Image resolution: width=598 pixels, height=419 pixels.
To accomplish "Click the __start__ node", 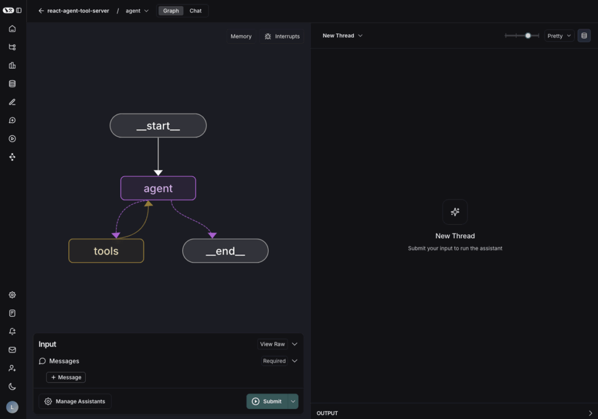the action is click(x=158, y=125).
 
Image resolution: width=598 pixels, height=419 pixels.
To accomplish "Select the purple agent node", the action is click(x=158, y=188).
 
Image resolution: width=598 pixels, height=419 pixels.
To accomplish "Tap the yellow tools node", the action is click(x=106, y=251).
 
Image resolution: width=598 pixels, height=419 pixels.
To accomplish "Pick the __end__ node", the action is click(x=225, y=251).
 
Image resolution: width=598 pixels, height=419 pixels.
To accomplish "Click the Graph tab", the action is click(x=171, y=11).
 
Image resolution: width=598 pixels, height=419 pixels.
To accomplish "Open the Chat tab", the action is click(x=195, y=11).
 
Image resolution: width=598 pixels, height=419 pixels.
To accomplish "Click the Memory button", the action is click(x=241, y=36).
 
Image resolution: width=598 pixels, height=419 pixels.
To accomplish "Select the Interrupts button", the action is click(x=282, y=36).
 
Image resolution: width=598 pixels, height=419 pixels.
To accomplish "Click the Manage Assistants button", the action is click(x=75, y=401).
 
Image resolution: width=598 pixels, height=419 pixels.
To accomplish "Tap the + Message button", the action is click(x=66, y=377).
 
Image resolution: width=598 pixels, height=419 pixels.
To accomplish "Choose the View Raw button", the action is click(x=272, y=344).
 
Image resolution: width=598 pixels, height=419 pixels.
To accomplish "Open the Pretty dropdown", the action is click(x=559, y=36).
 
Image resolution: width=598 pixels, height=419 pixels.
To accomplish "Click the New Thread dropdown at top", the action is click(x=342, y=36).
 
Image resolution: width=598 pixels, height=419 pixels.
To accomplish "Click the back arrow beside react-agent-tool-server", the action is click(x=41, y=11).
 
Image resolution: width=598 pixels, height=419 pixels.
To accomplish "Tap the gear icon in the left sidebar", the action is click(x=12, y=295).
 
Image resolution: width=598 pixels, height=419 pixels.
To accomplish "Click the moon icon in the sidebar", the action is click(x=12, y=386).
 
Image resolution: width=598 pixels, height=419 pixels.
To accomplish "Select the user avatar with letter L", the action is click(x=12, y=407).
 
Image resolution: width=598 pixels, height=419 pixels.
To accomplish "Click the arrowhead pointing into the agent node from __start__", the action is click(x=158, y=173).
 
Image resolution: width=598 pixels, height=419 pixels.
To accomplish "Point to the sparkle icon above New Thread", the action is click(x=455, y=212).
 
